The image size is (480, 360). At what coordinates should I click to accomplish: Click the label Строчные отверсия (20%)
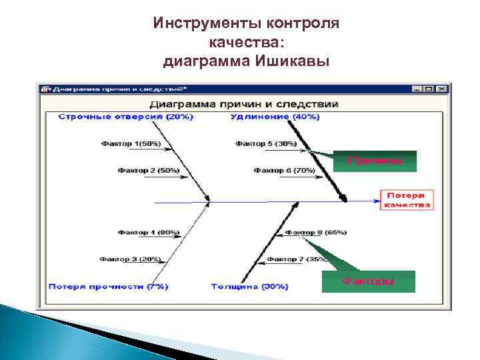point(126,117)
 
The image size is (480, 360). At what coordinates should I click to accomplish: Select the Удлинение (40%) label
point(275,117)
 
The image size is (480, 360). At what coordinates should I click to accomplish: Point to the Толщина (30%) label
point(249,286)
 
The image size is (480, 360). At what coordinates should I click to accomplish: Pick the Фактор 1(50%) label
point(131,143)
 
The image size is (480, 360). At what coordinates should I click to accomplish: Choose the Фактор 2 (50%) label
point(149,171)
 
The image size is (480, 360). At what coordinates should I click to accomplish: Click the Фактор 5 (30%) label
point(266,143)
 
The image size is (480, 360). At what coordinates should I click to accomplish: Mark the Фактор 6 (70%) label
point(284,171)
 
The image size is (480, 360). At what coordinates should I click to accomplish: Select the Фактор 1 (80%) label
point(149,232)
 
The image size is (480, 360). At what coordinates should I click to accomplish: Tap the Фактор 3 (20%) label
point(131,259)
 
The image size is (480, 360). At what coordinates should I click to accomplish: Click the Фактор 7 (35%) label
point(297,259)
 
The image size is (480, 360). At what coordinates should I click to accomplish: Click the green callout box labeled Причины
point(375,161)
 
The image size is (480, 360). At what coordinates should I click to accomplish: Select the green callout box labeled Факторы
point(368,281)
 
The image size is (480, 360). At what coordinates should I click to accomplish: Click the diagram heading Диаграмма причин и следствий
point(244,104)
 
